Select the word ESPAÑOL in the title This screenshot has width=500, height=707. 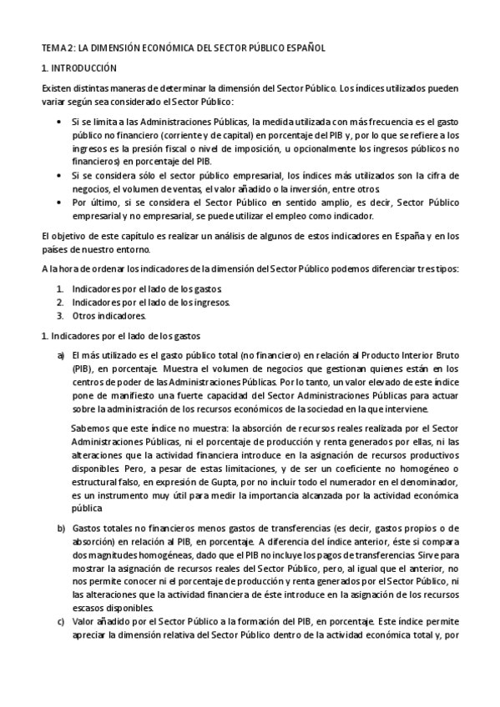point(300,48)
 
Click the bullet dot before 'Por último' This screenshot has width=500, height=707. point(57,202)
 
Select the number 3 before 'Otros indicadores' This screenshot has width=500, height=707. point(60,316)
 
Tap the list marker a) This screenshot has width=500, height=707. point(60,355)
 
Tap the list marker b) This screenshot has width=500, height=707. point(60,529)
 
